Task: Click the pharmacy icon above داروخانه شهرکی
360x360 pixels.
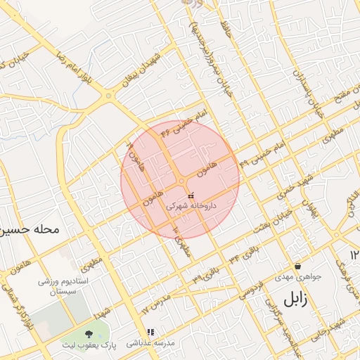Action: [191, 195]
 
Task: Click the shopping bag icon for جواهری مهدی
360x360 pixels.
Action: [298, 266]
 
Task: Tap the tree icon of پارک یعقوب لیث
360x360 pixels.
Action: [88, 334]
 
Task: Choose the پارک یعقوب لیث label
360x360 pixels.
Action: [89, 346]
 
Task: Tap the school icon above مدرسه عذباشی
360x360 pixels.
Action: [150, 332]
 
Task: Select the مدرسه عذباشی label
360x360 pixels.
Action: [150, 344]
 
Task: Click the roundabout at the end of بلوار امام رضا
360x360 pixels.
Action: [108, 95]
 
